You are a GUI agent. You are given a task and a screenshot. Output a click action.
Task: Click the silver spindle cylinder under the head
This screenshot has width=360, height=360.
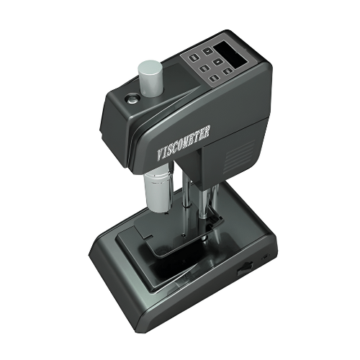click(x=158, y=189)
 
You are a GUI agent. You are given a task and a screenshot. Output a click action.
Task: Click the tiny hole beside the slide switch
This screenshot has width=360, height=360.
click(x=264, y=258)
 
